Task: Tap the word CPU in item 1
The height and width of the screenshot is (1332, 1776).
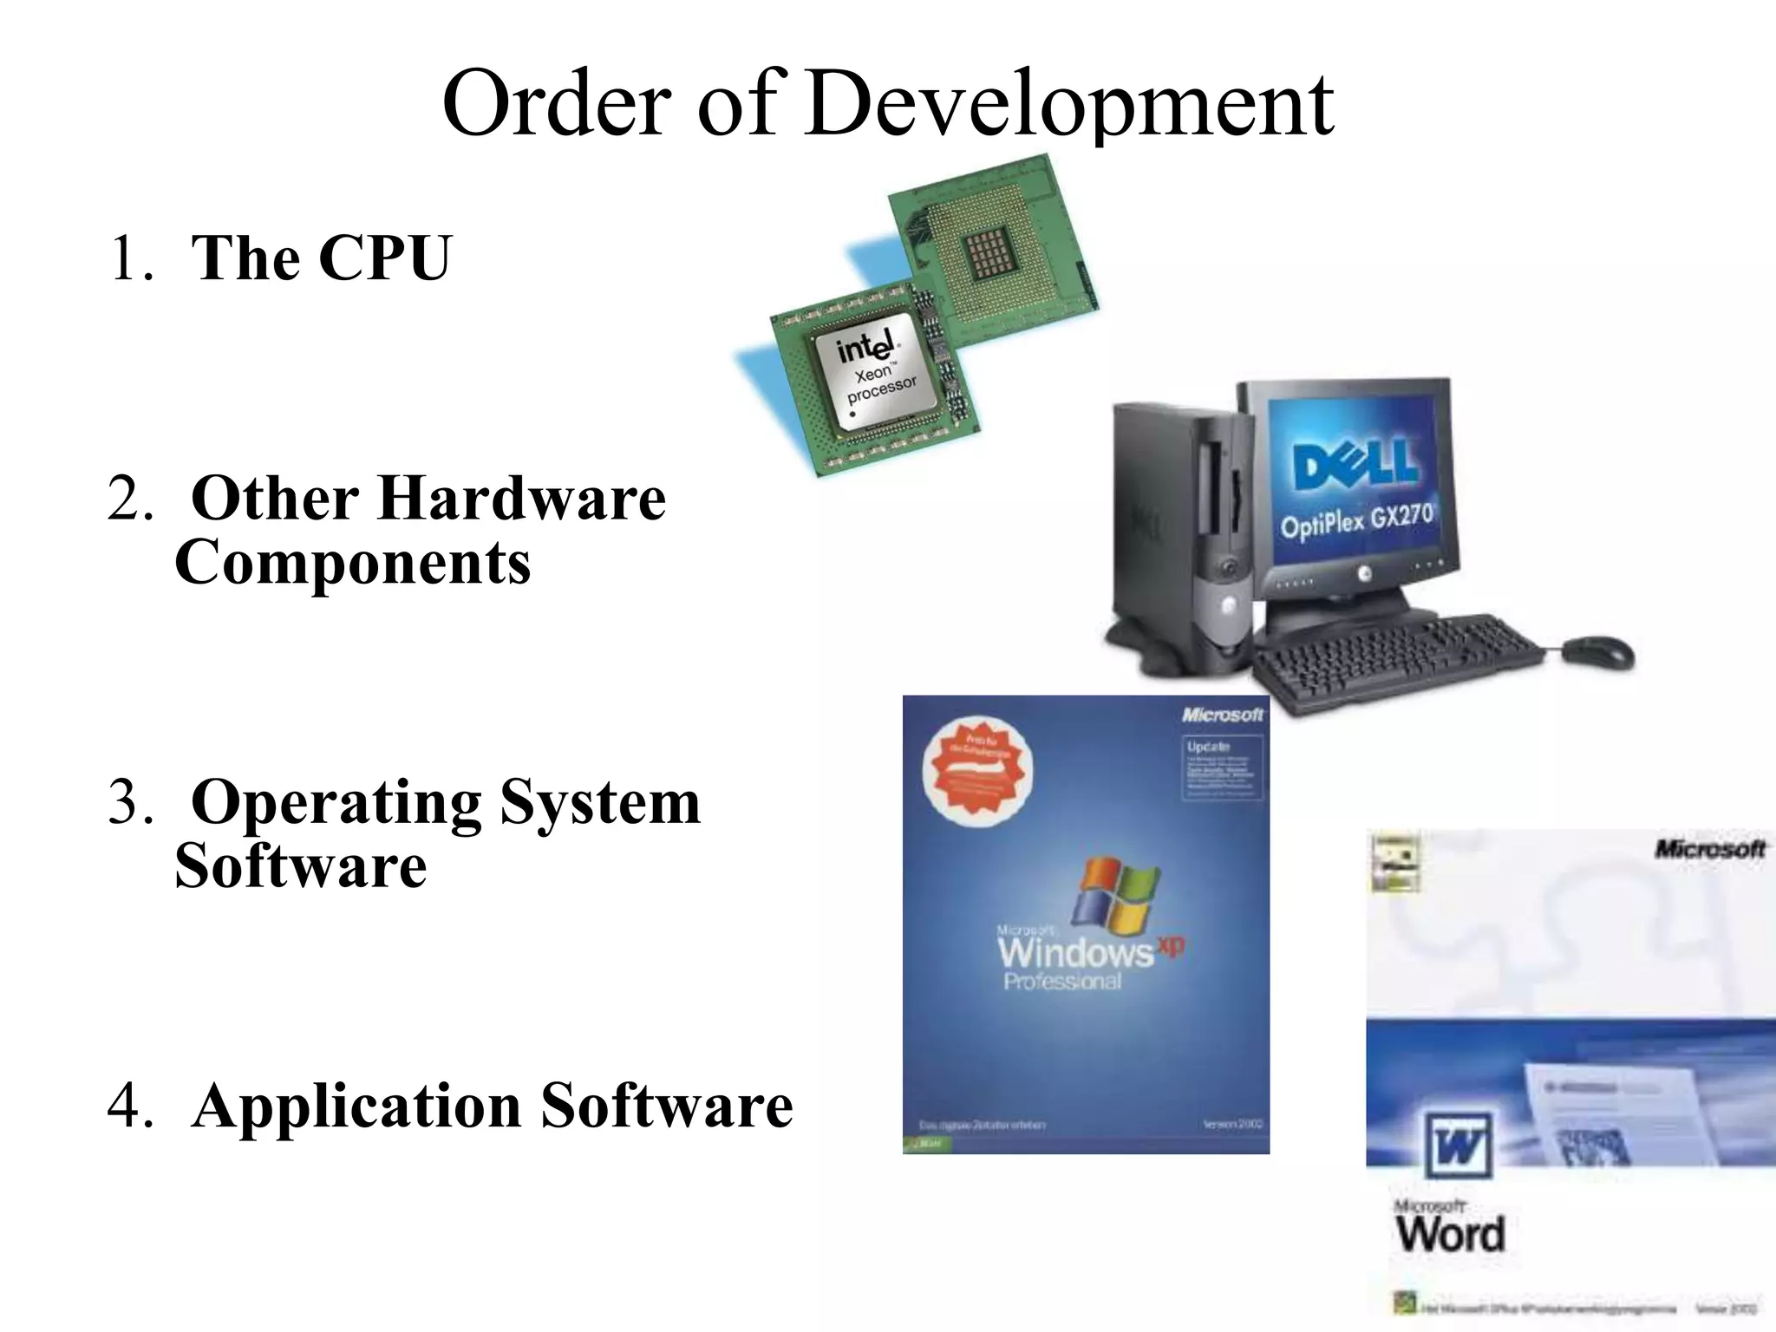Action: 385,258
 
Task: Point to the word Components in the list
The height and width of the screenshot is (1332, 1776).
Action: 353,563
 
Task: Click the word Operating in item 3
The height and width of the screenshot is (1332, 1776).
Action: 336,803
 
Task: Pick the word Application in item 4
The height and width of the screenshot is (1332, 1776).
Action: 356,1107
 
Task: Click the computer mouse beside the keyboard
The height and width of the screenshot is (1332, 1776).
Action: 1597,651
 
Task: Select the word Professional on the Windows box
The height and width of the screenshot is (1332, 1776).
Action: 1062,982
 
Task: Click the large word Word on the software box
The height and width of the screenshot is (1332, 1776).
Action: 1451,1233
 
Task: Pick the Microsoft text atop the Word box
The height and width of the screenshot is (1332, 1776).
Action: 1709,849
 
